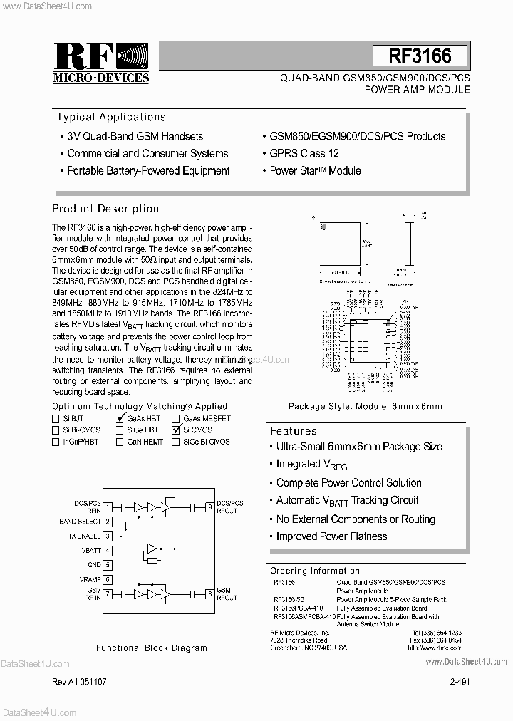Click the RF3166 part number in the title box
tap(420, 56)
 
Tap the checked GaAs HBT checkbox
tap(120, 419)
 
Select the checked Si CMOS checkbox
tap(175, 430)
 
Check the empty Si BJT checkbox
tap(56, 419)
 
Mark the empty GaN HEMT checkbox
tap(120, 442)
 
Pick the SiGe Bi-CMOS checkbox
tap(175, 442)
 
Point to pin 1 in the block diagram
tap(108, 507)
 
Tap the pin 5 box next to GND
tap(108, 564)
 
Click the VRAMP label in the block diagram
tap(90, 579)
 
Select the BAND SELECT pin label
tap(81, 522)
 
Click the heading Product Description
tap(105, 209)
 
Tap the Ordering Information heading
tap(315, 571)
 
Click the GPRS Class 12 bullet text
tap(304, 153)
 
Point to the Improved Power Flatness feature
tap(331, 536)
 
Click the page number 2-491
tap(460, 682)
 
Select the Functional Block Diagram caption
tap(152, 648)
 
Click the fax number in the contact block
tap(436, 640)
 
